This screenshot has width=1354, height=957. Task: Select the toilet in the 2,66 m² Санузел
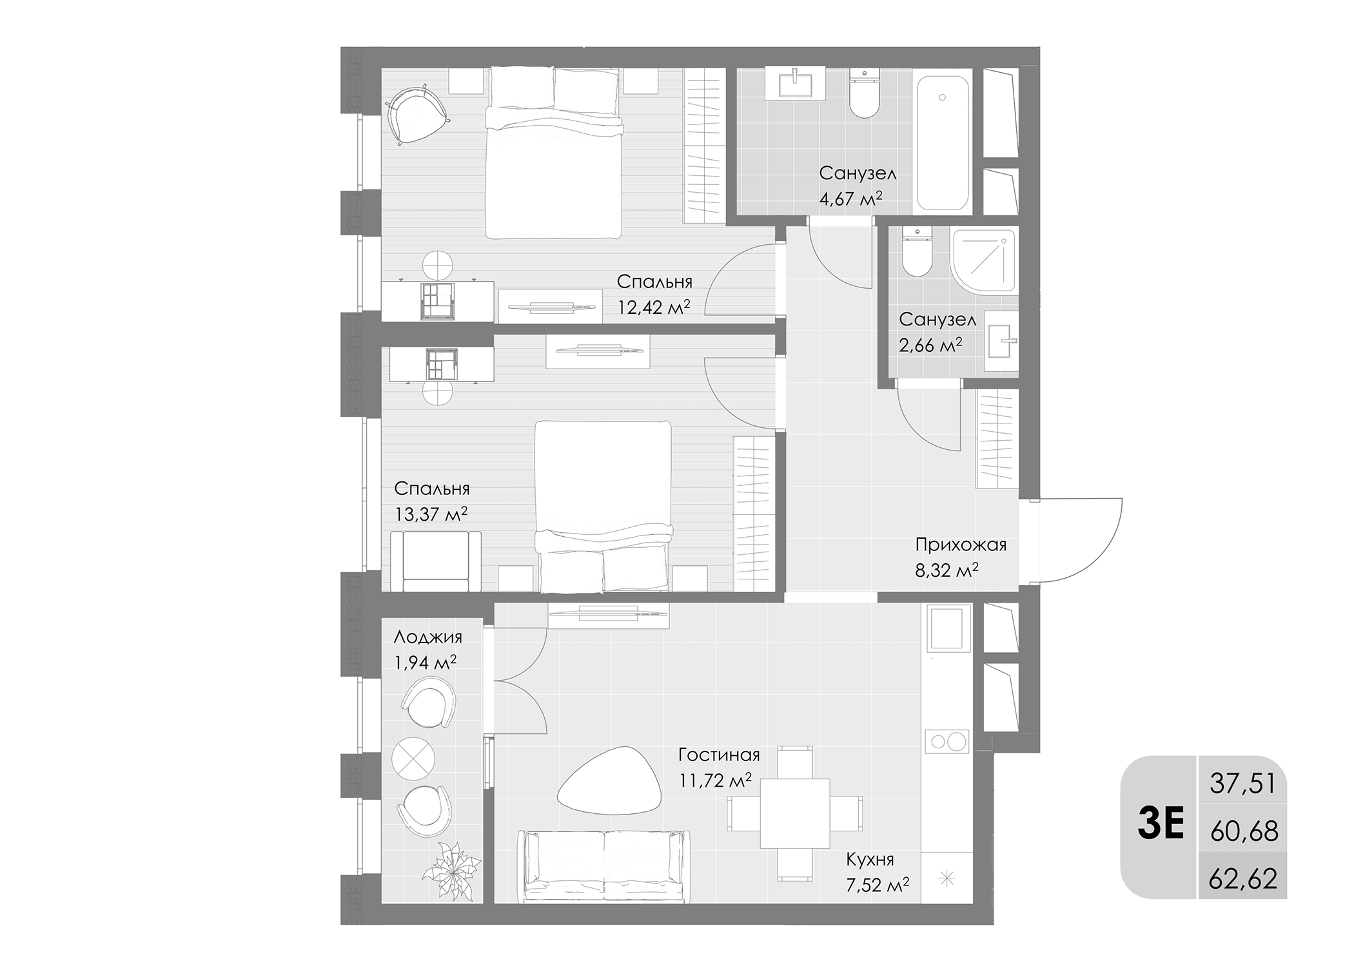(x=916, y=253)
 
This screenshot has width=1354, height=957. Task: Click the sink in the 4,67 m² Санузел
(x=795, y=84)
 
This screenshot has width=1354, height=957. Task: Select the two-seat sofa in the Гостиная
(x=604, y=865)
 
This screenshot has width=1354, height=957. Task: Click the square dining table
(x=794, y=813)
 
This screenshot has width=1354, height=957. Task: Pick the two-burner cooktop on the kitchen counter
(x=947, y=741)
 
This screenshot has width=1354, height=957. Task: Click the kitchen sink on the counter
(x=948, y=627)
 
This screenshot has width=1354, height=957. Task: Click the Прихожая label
(x=961, y=545)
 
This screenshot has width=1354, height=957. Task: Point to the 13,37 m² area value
(x=431, y=514)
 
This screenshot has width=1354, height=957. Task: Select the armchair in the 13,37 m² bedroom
(x=435, y=561)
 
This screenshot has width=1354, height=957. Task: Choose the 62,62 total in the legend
(x=1242, y=878)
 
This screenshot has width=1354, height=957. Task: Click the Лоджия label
(x=427, y=637)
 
